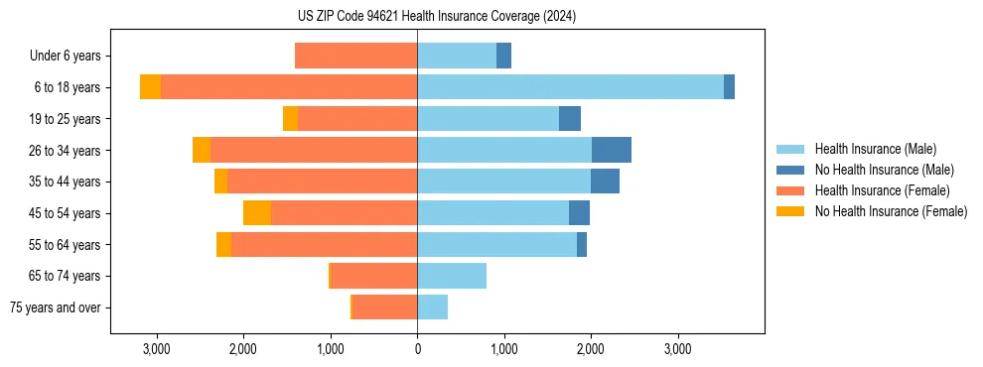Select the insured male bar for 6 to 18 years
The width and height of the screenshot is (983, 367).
pyautogui.click(x=570, y=87)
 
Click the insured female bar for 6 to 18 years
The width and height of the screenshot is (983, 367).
pyautogui.click(x=289, y=87)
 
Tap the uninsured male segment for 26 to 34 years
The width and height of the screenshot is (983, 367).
pyautogui.click(x=612, y=150)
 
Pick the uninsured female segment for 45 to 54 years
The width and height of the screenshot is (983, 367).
pyautogui.click(x=257, y=213)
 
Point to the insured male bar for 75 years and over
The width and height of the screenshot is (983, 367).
pyautogui.click(x=432, y=307)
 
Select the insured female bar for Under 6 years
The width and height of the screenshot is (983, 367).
pyautogui.click(x=355, y=57)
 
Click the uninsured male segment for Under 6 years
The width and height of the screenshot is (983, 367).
pyautogui.click(x=503, y=57)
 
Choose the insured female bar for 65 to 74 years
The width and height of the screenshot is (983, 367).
pyautogui.click(x=373, y=276)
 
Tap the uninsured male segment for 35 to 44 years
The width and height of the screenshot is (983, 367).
pyautogui.click(x=605, y=182)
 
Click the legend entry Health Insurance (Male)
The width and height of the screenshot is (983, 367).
pyautogui.click(x=875, y=149)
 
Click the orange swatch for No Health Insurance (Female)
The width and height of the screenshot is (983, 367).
pyautogui.click(x=790, y=211)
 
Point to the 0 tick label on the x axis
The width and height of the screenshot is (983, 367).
pyautogui.click(x=417, y=349)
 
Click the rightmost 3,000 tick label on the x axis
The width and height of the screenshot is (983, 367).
pyautogui.click(x=677, y=349)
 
